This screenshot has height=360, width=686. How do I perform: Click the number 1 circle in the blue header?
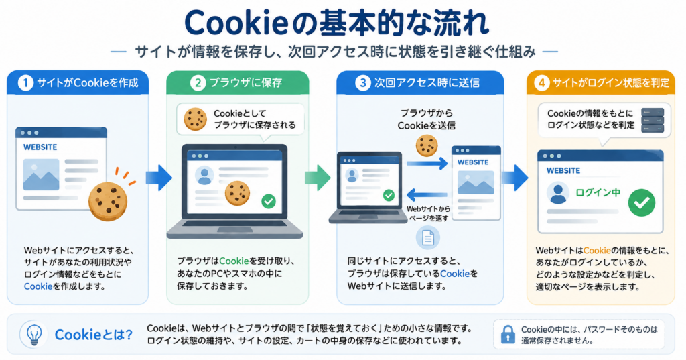25,82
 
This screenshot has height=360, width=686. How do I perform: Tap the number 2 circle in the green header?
198,82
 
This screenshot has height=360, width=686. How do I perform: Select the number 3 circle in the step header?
362,82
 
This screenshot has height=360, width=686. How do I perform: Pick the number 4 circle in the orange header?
541,82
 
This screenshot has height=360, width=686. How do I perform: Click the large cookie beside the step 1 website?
108,202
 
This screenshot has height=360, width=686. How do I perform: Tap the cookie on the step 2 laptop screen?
238,194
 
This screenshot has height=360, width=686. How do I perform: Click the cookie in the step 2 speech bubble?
195,119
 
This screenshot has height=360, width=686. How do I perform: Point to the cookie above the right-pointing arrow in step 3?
427,145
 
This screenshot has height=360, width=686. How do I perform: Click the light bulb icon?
34,335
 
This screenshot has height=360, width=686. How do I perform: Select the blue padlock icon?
508,334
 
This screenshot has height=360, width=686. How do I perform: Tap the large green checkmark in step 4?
641,202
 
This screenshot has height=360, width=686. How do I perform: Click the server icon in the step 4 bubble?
653,120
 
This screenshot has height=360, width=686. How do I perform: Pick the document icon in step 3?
427,238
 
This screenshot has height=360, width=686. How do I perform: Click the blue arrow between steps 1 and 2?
159,178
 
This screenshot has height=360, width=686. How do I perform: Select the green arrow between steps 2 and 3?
318,178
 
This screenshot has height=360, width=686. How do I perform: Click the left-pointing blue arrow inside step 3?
427,195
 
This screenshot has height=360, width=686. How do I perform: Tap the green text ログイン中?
598,192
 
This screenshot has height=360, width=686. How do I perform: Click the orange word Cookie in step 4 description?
597,251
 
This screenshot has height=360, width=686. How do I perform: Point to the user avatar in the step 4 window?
558,194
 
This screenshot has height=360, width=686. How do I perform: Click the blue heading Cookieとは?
93,335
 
